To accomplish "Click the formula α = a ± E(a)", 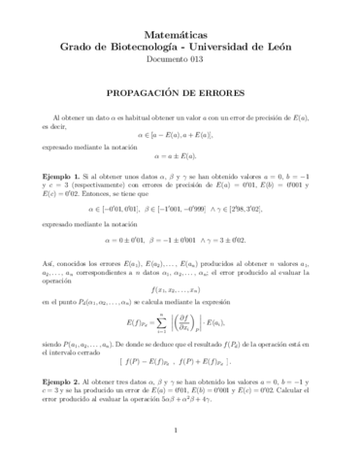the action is (180, 152).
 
